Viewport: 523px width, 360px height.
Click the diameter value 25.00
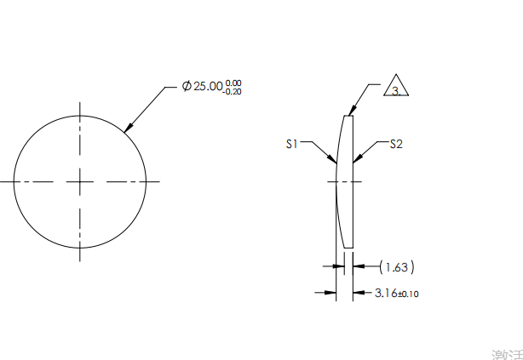(x=208, y=87)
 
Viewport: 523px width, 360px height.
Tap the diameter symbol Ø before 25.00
(x=187, y=87)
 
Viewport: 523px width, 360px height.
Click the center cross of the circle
(x=80, y=181)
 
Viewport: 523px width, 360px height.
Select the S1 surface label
(x=291, y=145)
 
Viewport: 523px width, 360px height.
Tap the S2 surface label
(x=395, y=145)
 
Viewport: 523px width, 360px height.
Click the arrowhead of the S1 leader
(x=333, y=160)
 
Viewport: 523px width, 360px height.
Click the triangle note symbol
(x=396, y=88)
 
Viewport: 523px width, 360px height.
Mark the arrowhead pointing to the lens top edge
(x=351, y=111)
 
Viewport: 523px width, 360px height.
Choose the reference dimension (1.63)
(x=396, y=267)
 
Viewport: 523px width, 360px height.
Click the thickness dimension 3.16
(x=386, y=294)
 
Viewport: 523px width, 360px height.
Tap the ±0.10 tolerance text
(x=409, y=294)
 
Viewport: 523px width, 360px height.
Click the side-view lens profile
(x=346, y=181)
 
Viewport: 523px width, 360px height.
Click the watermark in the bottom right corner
(x=506, y=352)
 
